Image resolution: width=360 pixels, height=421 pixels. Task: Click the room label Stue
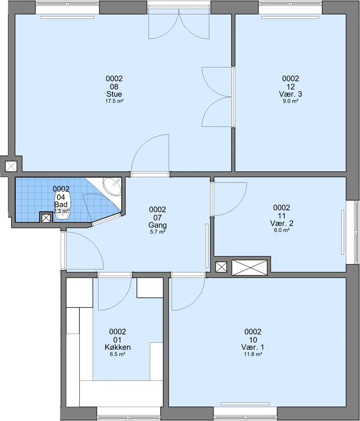click(x=114, y=94)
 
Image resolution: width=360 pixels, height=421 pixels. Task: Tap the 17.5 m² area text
click(x=114, y=101)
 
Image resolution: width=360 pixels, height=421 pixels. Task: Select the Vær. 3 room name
click(x=290, y=94)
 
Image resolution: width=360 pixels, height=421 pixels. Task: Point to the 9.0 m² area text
click(x=290, y=101)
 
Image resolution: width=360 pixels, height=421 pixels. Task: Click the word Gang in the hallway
click(x=157, y=225)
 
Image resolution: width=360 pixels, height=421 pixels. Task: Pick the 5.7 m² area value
click(x=157, y=232)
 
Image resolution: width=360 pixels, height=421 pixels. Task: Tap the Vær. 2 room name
click(x=282, y=224)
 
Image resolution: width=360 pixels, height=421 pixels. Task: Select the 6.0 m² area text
click(x=282, y=230)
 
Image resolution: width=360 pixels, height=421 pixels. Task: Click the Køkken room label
click(x=117, y=347)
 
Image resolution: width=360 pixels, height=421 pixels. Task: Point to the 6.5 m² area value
click(x=117, y=354)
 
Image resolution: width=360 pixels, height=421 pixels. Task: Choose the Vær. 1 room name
click(x=253, y=347)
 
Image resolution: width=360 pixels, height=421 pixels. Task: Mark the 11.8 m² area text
click(x=253, y=354)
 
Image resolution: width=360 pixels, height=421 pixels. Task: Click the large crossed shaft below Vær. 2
click(x=250, y=268)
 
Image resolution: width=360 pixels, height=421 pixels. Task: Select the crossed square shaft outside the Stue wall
click(x=11, y=166)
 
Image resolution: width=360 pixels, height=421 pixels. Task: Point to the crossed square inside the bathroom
click(x=46, y=218)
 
